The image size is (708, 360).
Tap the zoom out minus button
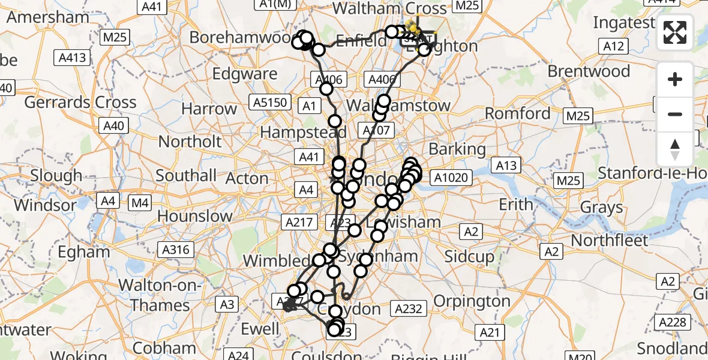(x=675, y=114)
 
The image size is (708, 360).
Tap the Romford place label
(x=517, y=113)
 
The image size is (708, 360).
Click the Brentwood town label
(x=589, y=71)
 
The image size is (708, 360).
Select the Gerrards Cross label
(x=80, y=103)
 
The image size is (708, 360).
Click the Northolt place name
(x=190, y=142)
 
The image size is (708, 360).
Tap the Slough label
(x=56, y=175)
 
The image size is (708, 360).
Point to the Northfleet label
(x=610, y=240)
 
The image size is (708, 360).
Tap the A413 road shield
(x=73, y=58)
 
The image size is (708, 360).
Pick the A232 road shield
(x=410, y=309)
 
